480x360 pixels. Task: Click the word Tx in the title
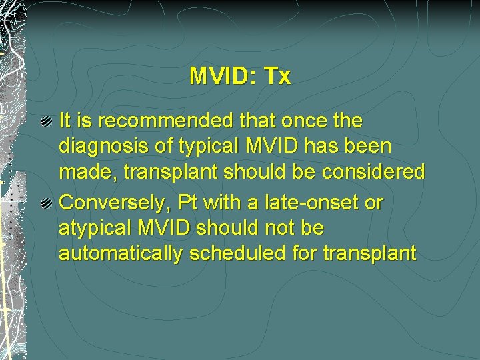[x=277, y=77]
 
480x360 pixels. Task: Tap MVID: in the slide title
[x=223, y=77]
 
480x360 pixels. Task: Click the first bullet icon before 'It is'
[x=46, y=121]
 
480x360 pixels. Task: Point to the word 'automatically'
[x=119, y=253]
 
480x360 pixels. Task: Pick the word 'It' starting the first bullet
[x=66, y=121]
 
